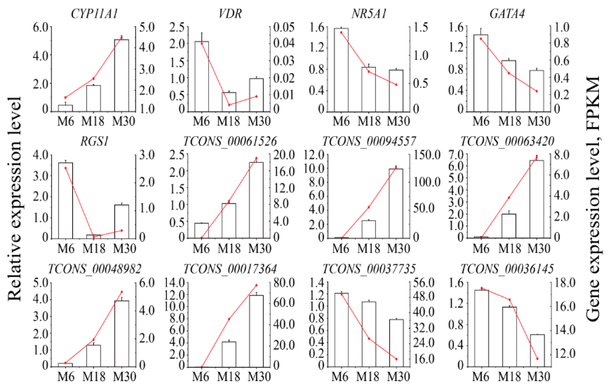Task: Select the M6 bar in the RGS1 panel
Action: pos(66,201)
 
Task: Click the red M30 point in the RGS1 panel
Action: pos(122,230)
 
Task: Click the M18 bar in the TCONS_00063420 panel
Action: pos(509,226)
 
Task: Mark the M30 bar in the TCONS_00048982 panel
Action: pos(122,333)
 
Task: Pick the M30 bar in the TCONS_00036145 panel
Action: pos(537,351)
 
